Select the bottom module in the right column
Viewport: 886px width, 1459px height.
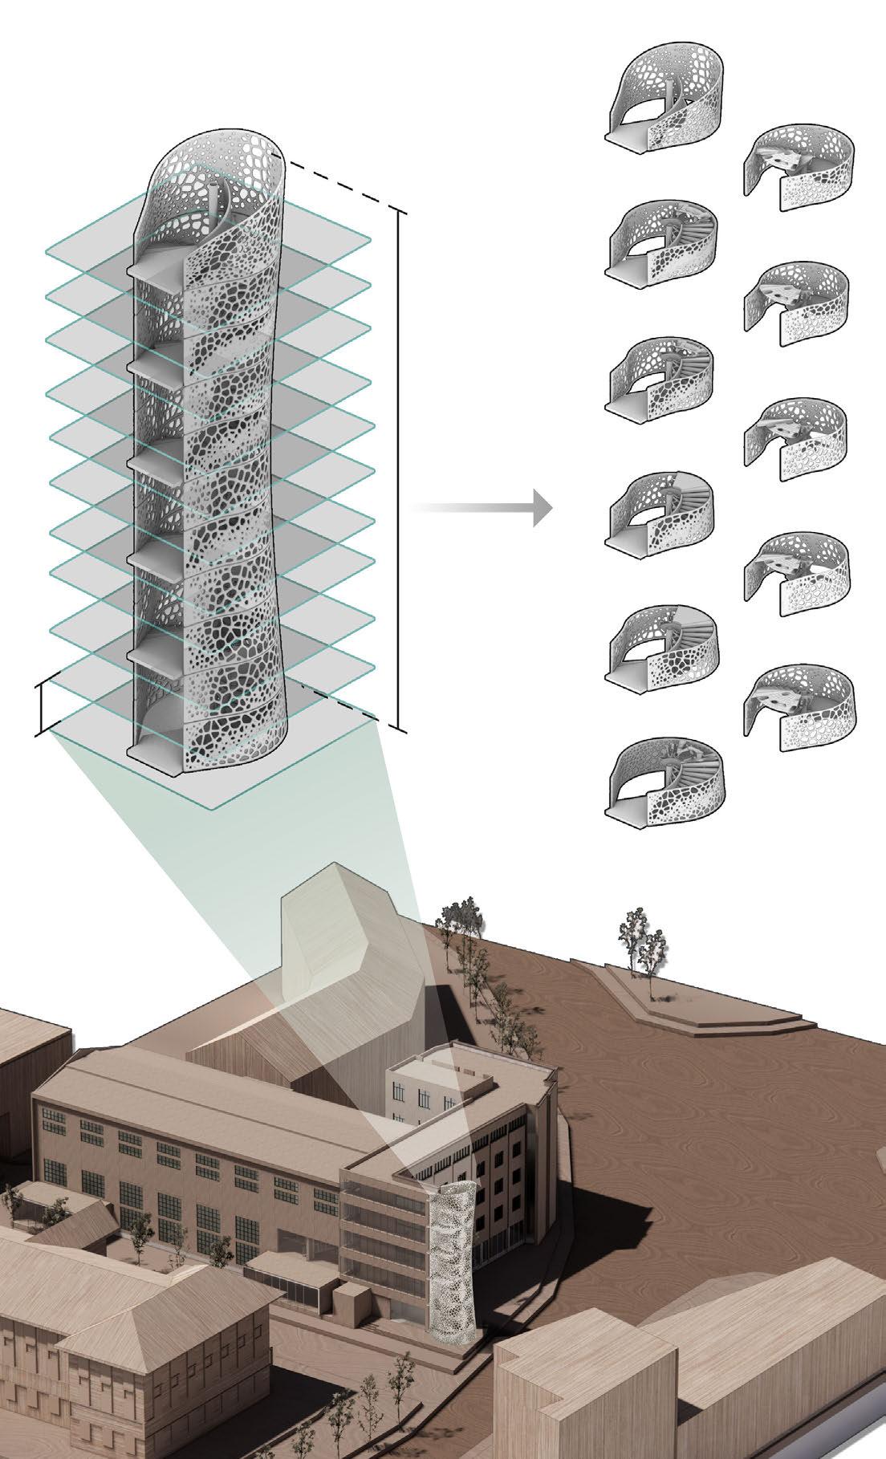[x=798, y=706]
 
